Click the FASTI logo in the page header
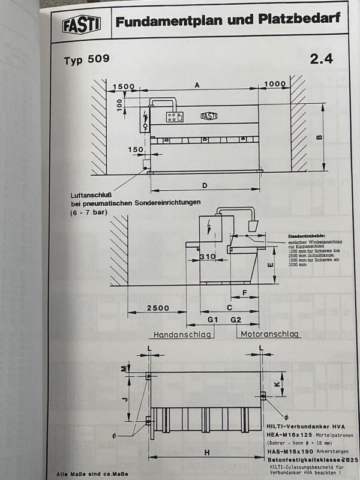[82, 23]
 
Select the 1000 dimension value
[275, 84]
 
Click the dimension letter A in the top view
[197, 85]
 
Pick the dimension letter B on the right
[319, 137]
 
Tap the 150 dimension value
[136, 149]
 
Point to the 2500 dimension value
[157, 308]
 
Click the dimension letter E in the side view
[270, 265]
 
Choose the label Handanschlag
[182, 334]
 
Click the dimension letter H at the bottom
[206, 454]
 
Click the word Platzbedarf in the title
[294, 20]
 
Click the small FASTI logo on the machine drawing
[209, 116]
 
